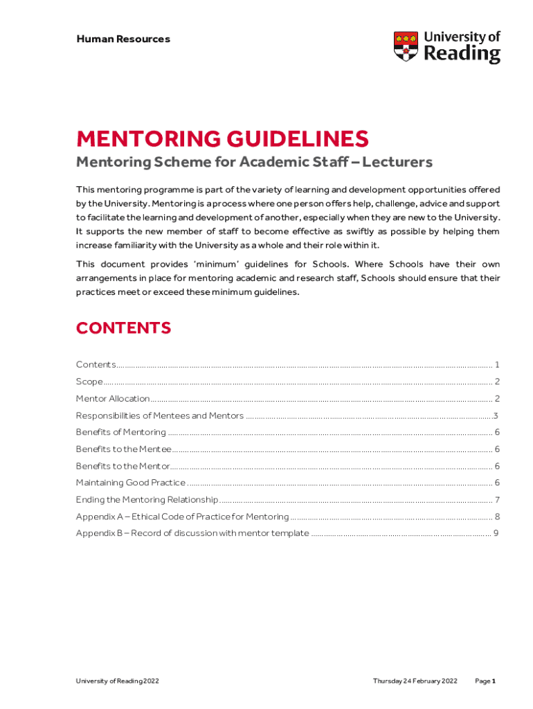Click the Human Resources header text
coord(123,39)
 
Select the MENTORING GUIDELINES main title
coord(222,139)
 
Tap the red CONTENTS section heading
coord(123,327)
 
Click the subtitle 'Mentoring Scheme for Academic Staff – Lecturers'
coord(253,162)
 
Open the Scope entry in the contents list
coord(89,382)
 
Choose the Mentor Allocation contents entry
coord(113,399)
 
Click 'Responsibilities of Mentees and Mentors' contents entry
coord(160,415)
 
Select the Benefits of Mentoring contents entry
coord(121,432)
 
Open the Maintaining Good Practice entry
coord(131,483)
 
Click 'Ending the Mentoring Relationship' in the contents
coord(147,500)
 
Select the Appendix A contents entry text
coord(182,517)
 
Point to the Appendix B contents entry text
coord(192,533)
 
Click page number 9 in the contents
coord(496,533)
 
